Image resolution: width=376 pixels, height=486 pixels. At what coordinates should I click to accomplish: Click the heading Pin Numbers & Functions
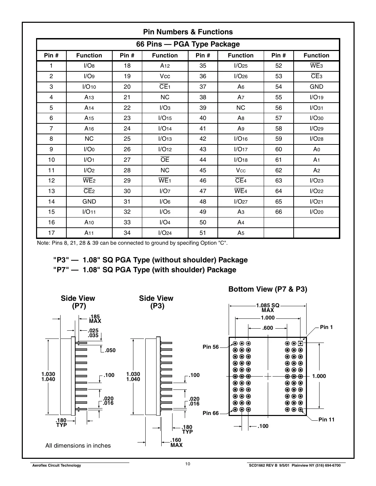click(188, 32)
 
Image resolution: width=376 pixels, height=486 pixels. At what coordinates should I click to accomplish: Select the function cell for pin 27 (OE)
click(165, 160)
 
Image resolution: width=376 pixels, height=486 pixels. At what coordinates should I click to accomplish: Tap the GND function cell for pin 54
click(316, 87)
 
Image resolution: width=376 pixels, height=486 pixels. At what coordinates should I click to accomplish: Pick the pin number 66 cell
click(278, 212)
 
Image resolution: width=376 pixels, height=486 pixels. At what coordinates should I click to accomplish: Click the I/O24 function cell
click(165, 233)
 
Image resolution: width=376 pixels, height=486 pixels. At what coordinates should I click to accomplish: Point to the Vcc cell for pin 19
click(165, 76)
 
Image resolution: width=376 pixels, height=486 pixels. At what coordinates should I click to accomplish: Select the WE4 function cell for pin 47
click(241, 191)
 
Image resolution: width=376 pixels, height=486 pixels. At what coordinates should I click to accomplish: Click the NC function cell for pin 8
click(89, 139)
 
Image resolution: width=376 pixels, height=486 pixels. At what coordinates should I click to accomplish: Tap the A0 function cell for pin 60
click(316, 149)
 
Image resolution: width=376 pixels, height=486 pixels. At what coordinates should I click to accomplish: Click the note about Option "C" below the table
click(132, 243)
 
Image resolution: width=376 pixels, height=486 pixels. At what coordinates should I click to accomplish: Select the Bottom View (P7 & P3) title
click(268, 289)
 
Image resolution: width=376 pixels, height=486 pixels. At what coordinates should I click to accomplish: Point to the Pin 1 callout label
click(326, 327)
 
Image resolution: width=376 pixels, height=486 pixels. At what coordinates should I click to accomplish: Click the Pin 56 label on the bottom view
click(211, 347)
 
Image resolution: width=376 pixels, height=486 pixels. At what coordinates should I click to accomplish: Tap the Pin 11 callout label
click(326, 419)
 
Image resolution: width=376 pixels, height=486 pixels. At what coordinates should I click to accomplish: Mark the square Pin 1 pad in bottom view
click(300, 343)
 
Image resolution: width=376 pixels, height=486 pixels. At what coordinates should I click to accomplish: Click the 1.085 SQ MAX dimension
click(268, 308)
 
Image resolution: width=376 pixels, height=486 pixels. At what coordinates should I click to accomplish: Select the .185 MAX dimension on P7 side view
click(95, 319)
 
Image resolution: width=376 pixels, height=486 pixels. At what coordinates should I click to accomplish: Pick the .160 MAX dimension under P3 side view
click(176, 442)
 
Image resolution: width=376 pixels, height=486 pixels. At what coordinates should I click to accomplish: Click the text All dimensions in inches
click(78, 446)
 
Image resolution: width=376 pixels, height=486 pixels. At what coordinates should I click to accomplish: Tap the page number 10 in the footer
click(188, 464)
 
